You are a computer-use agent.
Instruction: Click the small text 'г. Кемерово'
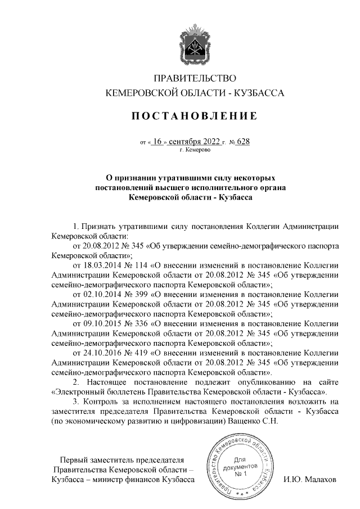(195, 150)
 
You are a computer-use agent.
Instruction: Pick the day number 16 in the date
(157, 142)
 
